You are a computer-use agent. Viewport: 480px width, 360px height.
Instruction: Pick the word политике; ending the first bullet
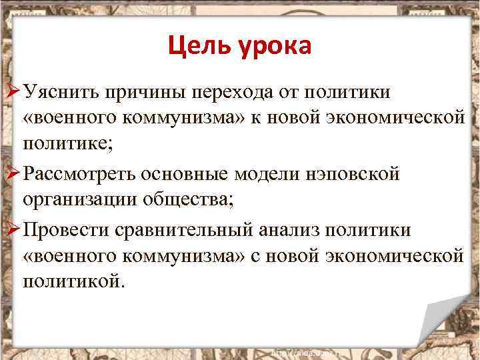point(65,143)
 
